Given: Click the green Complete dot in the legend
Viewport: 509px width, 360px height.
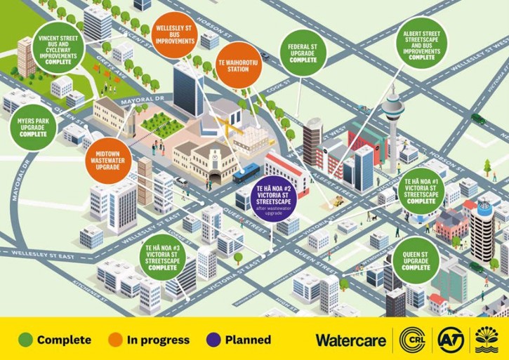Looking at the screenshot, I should click(25, 340).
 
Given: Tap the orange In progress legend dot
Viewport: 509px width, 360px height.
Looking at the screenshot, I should click(116, 340).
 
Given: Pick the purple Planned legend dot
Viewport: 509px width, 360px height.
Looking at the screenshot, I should click(214, 340).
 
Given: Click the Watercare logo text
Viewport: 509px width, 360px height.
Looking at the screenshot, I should click(350, 340).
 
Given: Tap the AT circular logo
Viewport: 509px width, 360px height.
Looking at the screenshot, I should click(451, 340).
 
